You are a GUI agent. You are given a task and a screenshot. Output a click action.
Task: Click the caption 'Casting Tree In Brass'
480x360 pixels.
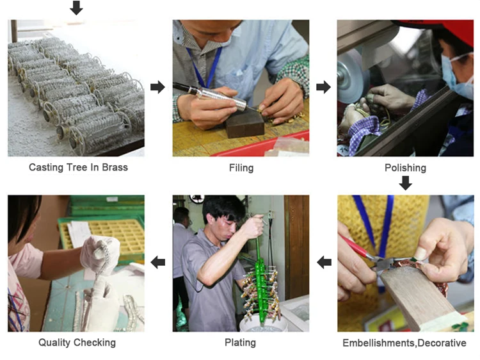coord(78,168)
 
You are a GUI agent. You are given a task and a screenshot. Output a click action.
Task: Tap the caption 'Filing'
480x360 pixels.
coord(241,168)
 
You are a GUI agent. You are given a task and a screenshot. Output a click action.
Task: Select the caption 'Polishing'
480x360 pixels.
coord(404,168)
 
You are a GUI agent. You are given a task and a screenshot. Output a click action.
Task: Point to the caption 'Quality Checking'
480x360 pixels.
coord(77,343)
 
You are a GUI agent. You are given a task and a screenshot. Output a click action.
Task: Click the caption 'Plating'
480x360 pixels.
coord(240,343)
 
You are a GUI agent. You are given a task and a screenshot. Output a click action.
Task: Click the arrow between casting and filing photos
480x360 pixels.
coord(157,87)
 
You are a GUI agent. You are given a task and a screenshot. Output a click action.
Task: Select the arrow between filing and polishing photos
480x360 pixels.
coord(323,87)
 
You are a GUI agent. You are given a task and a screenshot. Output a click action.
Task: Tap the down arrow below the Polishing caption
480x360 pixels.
coord(404,183)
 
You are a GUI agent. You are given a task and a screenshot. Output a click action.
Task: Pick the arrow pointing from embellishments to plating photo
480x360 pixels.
coord(324,261)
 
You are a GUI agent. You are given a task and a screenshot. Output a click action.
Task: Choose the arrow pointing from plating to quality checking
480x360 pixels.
coord(157,261)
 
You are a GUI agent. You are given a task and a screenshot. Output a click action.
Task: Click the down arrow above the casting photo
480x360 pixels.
coord(76,8)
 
